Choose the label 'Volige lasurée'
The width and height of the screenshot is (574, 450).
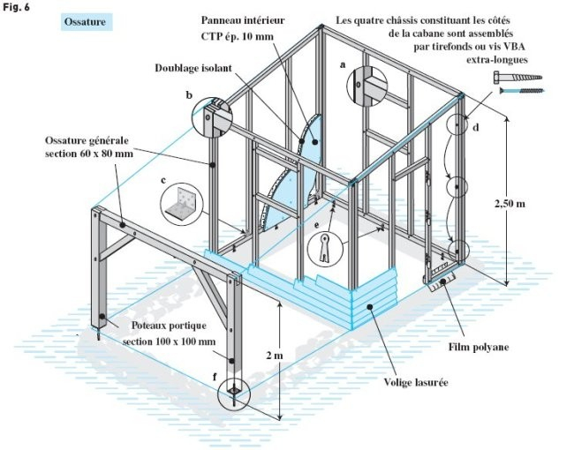tap(415, 383)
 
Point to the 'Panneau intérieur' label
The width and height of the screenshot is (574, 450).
tap(237, 20)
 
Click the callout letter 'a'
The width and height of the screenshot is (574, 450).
tap(342, 65)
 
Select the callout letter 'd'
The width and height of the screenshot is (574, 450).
tap(477, 129)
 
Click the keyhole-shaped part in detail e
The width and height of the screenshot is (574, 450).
tap(327, 247)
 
